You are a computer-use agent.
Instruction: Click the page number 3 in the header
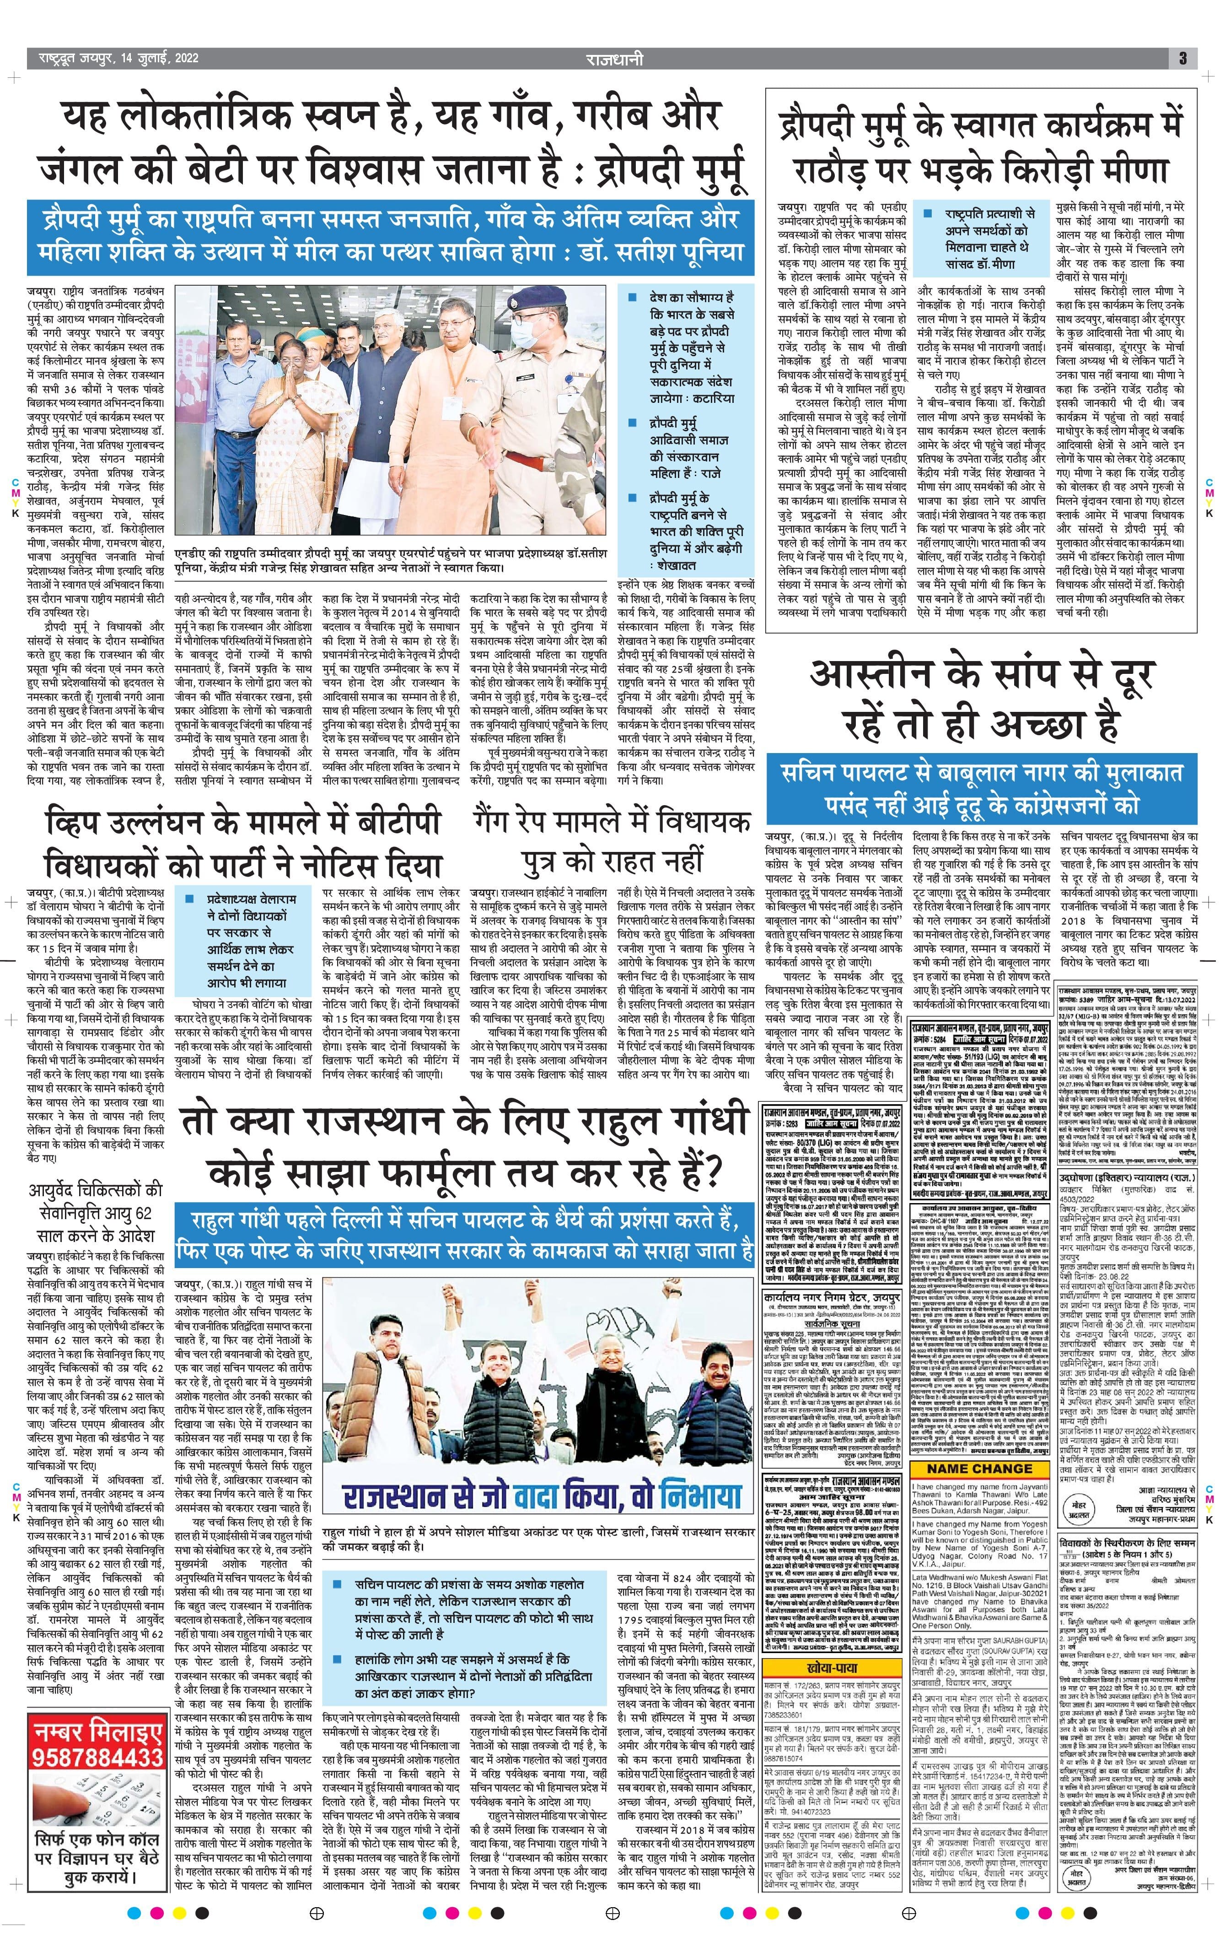click(1182, 58)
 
